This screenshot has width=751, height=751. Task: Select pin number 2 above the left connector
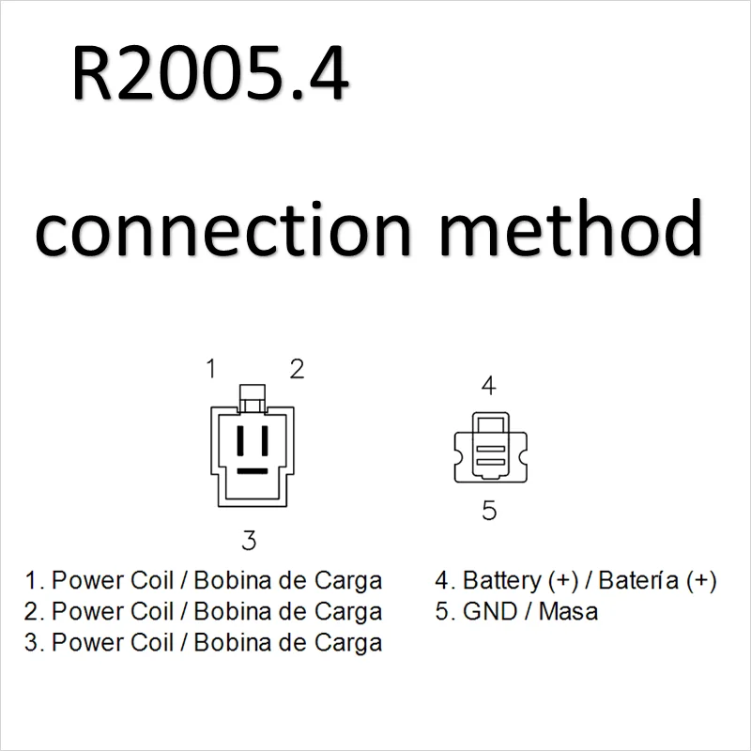pyautogui.click(x=296, y=369)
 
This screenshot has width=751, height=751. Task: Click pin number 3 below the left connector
pyautogui.click(x=249, y=540)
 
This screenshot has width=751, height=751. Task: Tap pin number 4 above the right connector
pyautogui.click(x=488, y=385)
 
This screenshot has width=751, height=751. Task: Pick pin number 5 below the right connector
pyautogui.click(x=489, y=511)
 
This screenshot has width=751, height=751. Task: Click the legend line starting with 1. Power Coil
pyautogui.click(x=204, y=581)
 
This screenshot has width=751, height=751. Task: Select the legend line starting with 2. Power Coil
pyautogui.click(x=204, y=612)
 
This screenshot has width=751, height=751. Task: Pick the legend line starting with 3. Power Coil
pyautogui.click(x=204, y=643)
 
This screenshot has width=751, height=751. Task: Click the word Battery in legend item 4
pyautogui.click(x=498, y=581)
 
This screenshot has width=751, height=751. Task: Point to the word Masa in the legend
pyautogui.click(x=568, y=612)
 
